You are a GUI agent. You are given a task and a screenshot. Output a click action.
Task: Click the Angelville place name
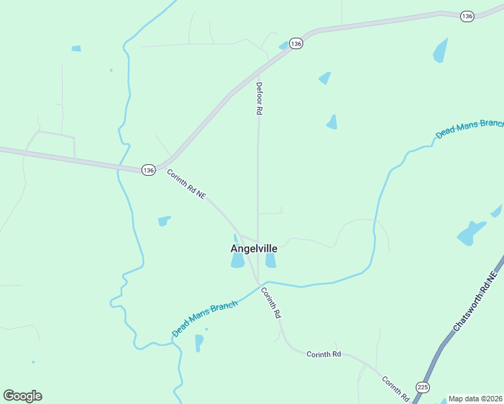(x=254, y=248)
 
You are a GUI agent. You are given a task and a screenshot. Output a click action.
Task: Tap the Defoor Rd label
(x=259, y=98)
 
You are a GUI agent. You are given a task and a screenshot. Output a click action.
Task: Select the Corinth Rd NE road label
(x=186, y=183)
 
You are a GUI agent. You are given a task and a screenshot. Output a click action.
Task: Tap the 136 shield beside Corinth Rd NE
(x=148, y=170)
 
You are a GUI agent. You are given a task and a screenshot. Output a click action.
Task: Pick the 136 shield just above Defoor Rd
(x=296, y=43)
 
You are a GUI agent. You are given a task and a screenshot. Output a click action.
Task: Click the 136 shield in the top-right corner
(x=467, y=16)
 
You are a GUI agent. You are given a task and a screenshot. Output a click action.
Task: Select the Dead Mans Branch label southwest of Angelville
(x=205, y=318)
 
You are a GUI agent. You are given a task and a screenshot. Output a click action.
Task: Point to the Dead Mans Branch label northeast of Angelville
(x=470, y=128)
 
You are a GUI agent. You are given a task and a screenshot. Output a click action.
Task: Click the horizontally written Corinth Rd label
(x=323, y=354)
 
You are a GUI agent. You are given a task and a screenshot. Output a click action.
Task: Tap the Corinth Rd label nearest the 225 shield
(x=396, y=389)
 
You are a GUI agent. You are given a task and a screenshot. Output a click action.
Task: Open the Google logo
(x=22, y=396)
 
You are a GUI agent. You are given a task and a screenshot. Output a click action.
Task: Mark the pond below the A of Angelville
(x=238, y=261)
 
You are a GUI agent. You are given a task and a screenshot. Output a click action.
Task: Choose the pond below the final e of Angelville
(x=270, y=261)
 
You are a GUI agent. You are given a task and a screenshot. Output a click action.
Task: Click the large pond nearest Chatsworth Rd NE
(x=472, y=233)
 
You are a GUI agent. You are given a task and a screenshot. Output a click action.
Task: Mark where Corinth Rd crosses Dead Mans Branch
(x=260, y=285)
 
